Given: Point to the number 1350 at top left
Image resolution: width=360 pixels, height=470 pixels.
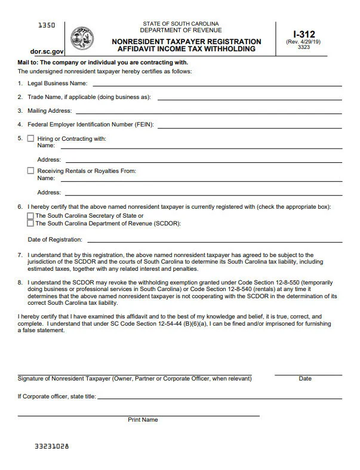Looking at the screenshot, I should (47, 25).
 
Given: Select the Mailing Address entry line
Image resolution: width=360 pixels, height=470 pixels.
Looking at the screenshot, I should (208, 112).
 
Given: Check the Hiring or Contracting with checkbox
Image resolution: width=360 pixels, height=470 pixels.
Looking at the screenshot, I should (30, 138).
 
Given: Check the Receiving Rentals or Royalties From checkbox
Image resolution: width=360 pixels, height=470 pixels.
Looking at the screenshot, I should (30, 171).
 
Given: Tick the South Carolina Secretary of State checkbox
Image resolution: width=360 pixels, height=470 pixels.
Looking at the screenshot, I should (30, 216).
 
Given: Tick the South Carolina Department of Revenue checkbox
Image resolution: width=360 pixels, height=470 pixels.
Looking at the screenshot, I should (30, 224).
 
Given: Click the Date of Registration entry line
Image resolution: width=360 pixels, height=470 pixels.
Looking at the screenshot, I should (215, 241).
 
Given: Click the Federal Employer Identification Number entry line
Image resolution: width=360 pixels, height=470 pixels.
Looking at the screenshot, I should (250, 126).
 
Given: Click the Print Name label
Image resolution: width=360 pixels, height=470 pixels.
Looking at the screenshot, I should (143, 420).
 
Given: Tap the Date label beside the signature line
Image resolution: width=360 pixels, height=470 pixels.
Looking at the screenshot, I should (305, 379).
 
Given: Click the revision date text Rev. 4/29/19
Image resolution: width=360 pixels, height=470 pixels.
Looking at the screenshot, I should (304, 42).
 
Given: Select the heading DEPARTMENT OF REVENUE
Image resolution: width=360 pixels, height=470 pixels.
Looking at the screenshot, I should (180, 30).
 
